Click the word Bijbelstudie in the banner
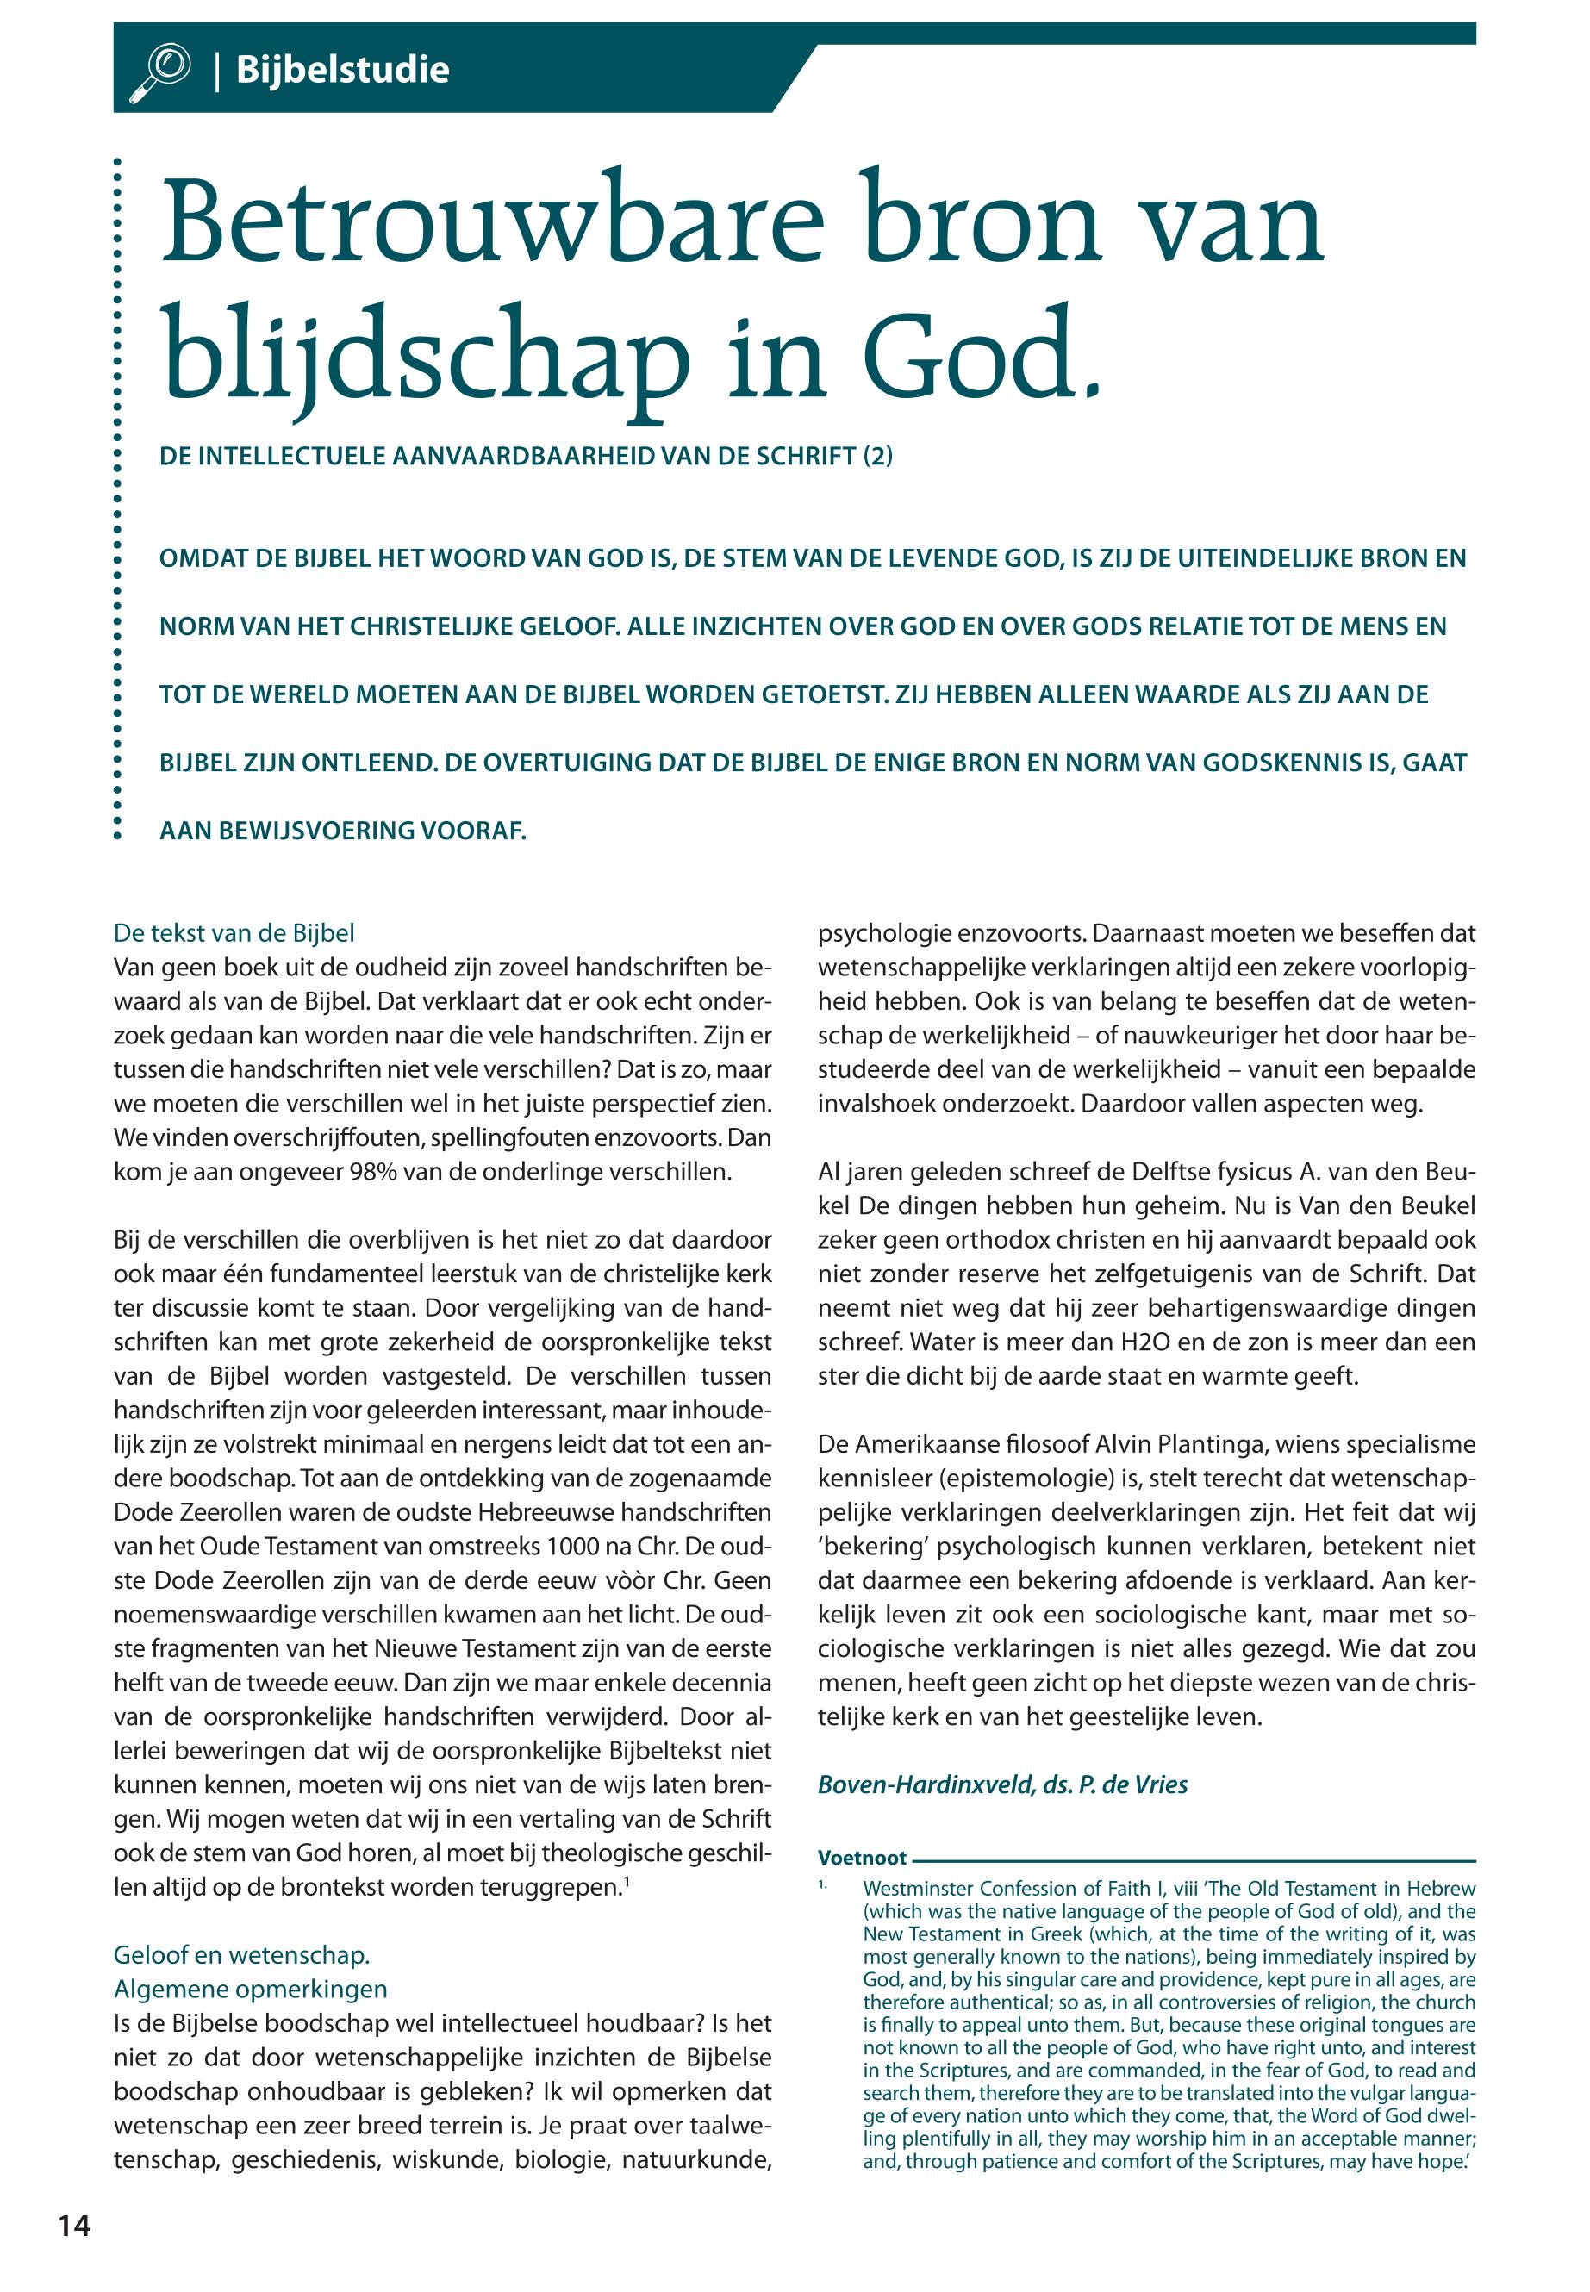pos(342,71)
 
